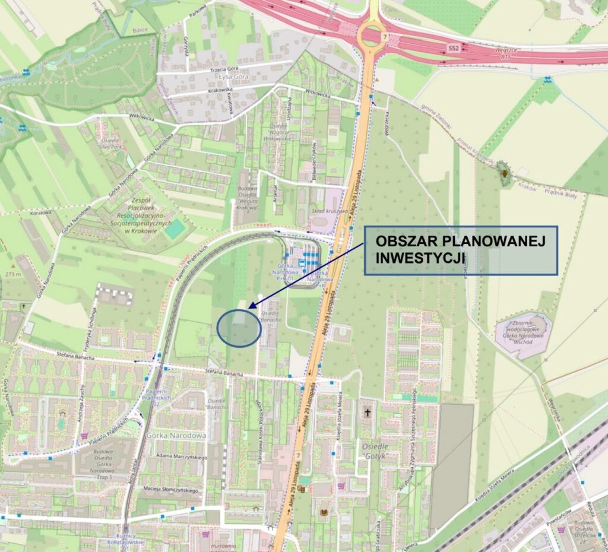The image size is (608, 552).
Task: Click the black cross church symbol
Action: click(368, 411)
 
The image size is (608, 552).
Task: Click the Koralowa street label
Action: click(41, 212)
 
